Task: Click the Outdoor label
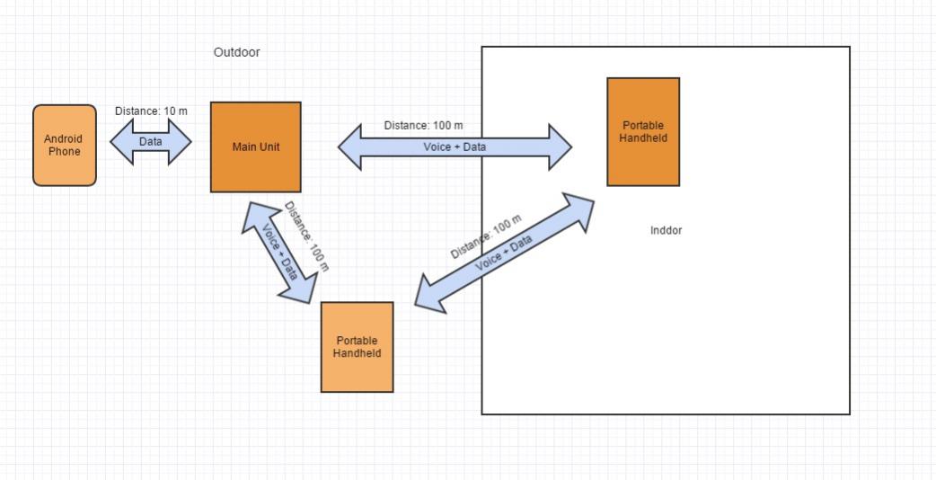[x=236, y=52]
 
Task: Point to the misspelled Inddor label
[x=666, y=230]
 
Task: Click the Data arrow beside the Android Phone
[x=151, y=142]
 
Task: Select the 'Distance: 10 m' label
[x=151, y=111]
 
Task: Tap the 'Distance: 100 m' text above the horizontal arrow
[x=423, y=126]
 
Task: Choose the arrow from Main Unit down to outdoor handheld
[x=279, y=251]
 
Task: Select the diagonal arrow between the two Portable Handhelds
[x=505, y=252]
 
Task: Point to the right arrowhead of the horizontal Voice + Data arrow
[x=560, y=147]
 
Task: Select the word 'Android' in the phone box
[x=64, y=139]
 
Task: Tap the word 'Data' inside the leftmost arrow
[x=151, y=142]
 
